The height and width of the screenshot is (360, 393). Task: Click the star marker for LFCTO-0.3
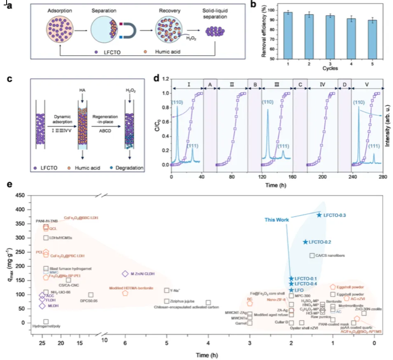(319, 215)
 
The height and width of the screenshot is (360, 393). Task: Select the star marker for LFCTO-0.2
(305, 242)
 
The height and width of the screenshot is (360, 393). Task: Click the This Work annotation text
(277, 220)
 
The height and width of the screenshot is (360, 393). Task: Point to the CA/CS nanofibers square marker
(312, 256)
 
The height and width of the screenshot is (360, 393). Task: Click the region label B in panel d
(255, 85)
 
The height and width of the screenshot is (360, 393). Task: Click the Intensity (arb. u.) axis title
(389, 124)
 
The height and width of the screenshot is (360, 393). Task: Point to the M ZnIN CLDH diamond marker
(125, 274)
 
